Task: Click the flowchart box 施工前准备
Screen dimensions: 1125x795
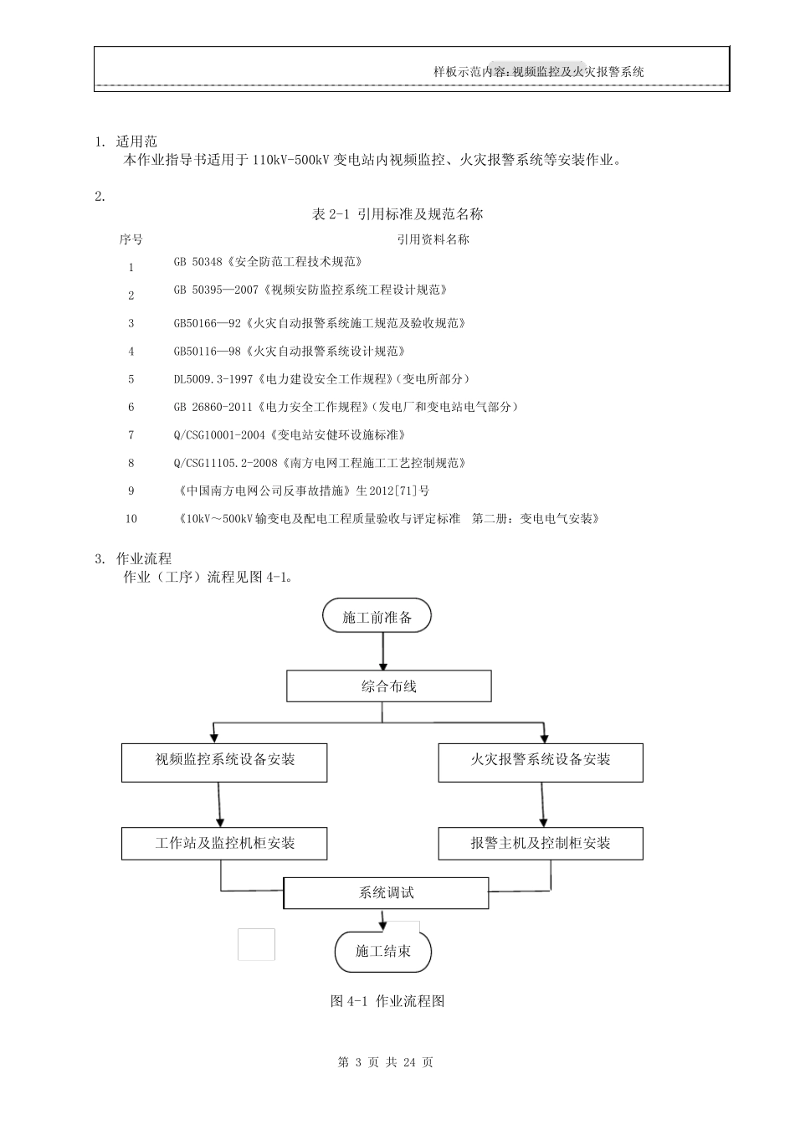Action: [377, 617]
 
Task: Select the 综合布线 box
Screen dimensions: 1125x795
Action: [388, 686]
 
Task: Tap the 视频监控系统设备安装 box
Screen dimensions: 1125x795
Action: [224, 760]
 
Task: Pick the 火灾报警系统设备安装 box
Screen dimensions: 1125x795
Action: [541, 760]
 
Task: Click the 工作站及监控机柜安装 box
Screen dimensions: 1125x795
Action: [224, 843]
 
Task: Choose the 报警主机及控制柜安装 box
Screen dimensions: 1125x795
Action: [541, 843]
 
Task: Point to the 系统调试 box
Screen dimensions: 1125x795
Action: [386, 893]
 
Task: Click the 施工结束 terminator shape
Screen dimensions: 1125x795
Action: [383, 952]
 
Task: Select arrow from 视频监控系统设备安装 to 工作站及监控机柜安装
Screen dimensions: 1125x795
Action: [220, 804]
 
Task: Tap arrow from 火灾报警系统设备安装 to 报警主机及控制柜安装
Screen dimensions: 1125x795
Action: [545, 804]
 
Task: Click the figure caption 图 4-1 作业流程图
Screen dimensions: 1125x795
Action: [387, 1001]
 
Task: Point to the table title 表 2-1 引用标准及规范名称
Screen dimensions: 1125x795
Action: [397, 214]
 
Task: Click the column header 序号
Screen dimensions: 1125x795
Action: [131, 239]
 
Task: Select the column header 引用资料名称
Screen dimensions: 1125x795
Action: [433, 239]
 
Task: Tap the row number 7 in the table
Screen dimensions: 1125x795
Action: [131, 435]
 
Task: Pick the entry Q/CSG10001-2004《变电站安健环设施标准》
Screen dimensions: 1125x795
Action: [290, 435]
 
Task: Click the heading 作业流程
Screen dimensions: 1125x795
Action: [143, 558]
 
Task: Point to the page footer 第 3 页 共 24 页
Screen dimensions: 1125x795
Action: [385, 1062]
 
